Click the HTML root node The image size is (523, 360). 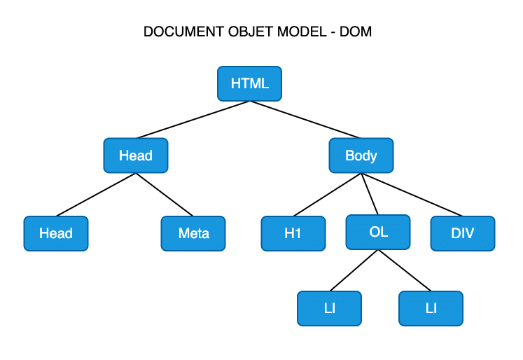coord(249,83)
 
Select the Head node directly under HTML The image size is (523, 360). coord(136,155)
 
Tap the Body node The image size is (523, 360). coord(361,155)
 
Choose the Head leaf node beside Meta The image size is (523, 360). coord(56,233)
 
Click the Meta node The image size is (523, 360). coord(193,233)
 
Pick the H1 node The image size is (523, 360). coord(293,233)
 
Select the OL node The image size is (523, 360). coord(378,232)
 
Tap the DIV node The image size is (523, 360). coord(462,233)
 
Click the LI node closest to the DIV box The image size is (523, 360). coord(431,309)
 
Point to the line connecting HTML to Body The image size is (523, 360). coord(305,120)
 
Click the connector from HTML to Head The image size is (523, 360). coord(193,120)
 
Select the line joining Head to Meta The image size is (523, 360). coord(165,194)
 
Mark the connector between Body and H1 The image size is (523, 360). coord(328,194)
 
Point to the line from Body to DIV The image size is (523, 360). coord(412,194)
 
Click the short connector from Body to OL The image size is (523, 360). coord(370,194)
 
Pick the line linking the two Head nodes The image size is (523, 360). coord(97,194)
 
